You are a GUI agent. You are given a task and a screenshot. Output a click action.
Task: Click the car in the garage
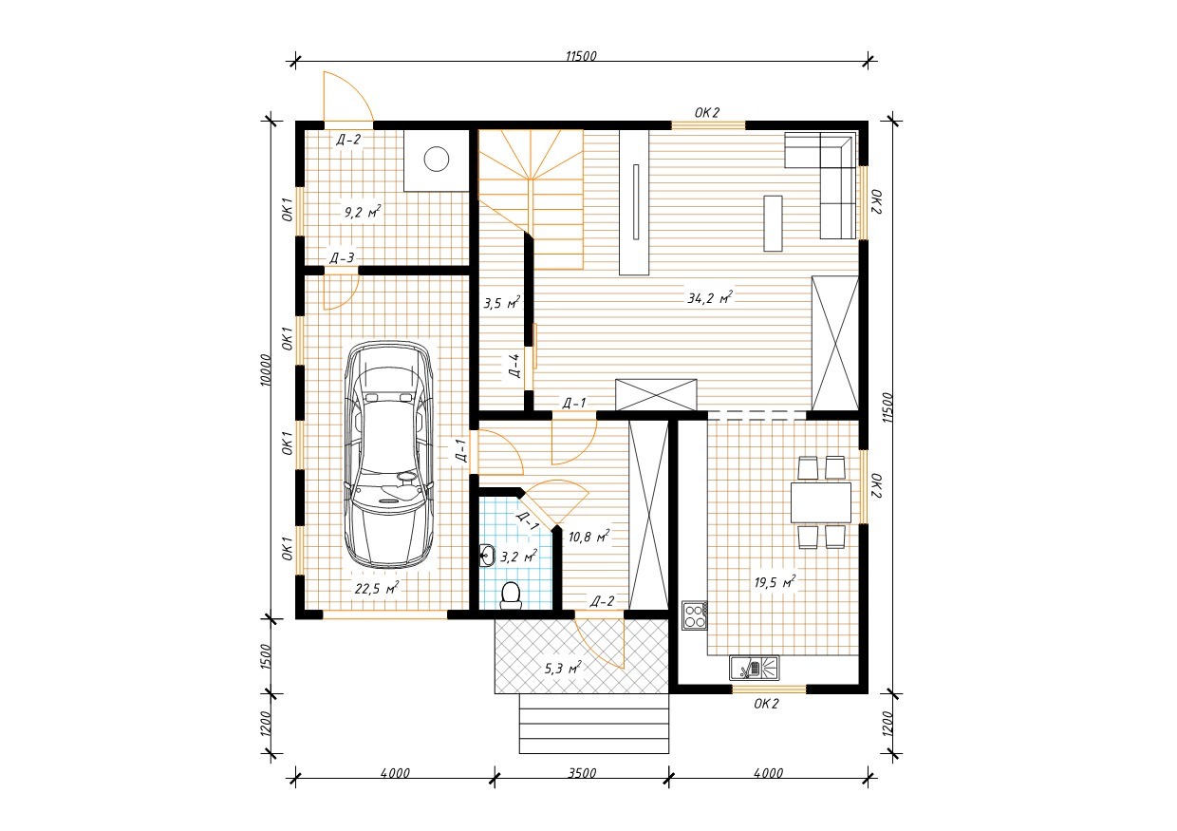click(x=389, y=455)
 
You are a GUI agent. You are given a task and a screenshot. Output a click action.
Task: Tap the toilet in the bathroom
click(x=511, y=595)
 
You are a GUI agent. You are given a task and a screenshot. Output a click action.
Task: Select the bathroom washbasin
click(x=487, y=556)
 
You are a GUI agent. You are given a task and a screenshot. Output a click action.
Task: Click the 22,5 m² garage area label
click(x=377, y=588)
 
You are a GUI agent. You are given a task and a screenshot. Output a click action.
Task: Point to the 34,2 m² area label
click(x=710, y=298)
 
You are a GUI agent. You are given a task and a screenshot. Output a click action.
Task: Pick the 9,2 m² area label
click(x=363, y=212)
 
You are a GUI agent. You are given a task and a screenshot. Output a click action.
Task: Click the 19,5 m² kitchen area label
click(x=775, y=582)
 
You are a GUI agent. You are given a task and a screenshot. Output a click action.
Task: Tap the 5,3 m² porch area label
click(x=563, y=668)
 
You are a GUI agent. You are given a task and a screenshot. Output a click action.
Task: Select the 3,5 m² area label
click(x=502, y=303)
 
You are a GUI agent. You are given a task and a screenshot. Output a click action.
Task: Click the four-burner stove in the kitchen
click(x=695, y=615)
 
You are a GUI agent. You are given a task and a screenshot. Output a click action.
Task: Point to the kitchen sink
click(x=754, y=668)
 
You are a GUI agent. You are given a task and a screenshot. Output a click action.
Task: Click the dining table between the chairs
click(x=821, y=502)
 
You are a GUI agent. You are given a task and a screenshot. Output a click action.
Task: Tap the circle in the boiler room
click(x=437, y=159)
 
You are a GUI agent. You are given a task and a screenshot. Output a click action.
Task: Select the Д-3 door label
click(x=342, y=258)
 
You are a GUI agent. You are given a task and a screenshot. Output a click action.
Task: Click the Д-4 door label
click(x=514, y=366)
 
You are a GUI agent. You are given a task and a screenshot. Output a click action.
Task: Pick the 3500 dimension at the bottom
click(x=582, y=773)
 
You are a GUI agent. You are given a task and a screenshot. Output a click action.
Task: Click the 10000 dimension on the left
click(x=266, y=371)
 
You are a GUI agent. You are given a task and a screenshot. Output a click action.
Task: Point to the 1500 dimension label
click(x=266, y=656)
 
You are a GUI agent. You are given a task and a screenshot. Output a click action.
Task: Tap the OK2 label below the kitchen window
click(x=766, y=704)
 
